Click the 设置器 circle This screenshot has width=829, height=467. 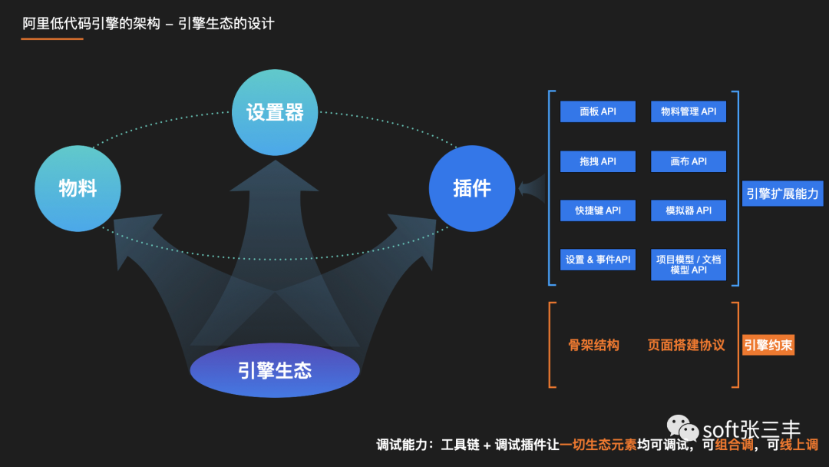click(x=275, y=112)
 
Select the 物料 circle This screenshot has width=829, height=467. click(x=78, y=188)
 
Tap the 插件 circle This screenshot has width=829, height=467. click(x=472, y=188)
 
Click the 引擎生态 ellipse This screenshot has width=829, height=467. click(x=275, y=370)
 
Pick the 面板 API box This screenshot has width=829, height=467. click(x=598, y=111)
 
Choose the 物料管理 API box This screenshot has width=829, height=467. click(x=689, y=111)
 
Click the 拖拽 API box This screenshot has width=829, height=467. click(x=598, y=161)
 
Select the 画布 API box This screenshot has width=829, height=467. click(x=689, y=161)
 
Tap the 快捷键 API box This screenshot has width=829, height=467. click(x=598, y=210)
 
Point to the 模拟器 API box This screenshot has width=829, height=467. click(x=689, y=210)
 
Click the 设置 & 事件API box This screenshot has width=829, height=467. click(x=598, y=260)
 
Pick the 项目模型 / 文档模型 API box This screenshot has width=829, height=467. click(x=689, y=264)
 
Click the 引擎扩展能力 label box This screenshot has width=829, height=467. click(x=782, y=194)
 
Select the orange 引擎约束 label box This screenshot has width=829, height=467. click(x=768, y=345)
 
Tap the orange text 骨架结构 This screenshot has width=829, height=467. click(x=593, y=346)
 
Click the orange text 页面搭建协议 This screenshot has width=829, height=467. click(x=686, y=346)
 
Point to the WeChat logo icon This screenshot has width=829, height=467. click(x=682, y=428)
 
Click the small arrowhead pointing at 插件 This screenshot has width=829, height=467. click(x=532, y=188)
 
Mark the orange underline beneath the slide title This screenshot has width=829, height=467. click(x=52, y=38)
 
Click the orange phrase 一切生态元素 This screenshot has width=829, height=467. click(x=598, y=445)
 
